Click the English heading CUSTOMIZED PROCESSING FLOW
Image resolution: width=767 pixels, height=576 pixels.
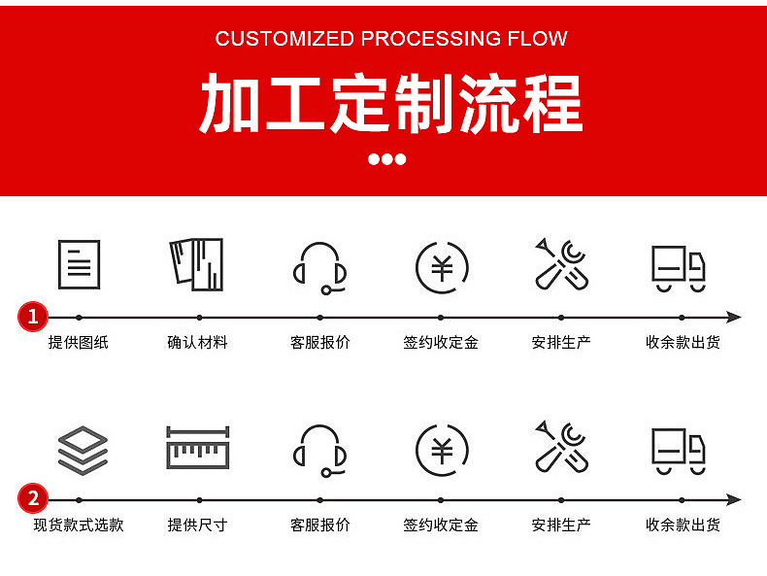click(391, 39)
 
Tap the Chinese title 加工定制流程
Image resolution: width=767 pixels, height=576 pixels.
click(391, 102)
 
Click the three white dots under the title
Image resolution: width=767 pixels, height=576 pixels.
click(387, 159)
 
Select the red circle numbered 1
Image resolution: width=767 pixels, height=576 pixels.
click(33, 317)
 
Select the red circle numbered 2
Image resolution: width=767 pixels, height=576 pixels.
click(33, 499)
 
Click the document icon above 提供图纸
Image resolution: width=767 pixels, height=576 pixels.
click(79, 264)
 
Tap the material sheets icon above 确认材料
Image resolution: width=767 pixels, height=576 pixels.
click(197, 264)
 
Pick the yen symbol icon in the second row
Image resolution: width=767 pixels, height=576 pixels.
click(442, 450)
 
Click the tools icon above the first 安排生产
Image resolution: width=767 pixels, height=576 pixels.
click(561, 264)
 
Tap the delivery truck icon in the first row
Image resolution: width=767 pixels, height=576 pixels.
click(678, 267)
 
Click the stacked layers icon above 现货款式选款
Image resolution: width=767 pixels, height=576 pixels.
click(83, 450)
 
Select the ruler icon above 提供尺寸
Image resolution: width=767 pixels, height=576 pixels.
click(197, 449)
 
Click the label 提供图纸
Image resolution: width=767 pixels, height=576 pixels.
click(79, 342)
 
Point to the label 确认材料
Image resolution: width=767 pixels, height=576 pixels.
click(197, 342)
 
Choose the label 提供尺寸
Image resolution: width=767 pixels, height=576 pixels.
click(197, 525)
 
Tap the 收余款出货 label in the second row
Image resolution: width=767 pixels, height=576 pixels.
click(683, 525)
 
